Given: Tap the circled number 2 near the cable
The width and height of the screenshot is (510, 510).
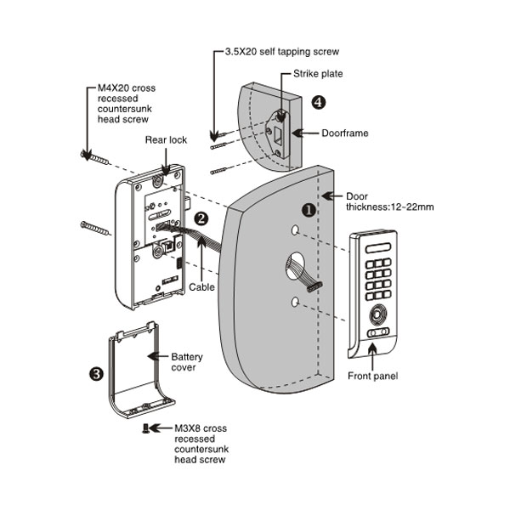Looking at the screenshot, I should [x=201, y=218].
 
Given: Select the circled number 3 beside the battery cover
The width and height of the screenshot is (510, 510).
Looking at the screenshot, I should [x=96, y=373].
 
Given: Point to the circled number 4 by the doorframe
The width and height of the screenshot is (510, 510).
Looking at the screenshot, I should [x=318, y=102].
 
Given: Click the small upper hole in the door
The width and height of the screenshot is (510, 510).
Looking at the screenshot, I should [x=293, y=230].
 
